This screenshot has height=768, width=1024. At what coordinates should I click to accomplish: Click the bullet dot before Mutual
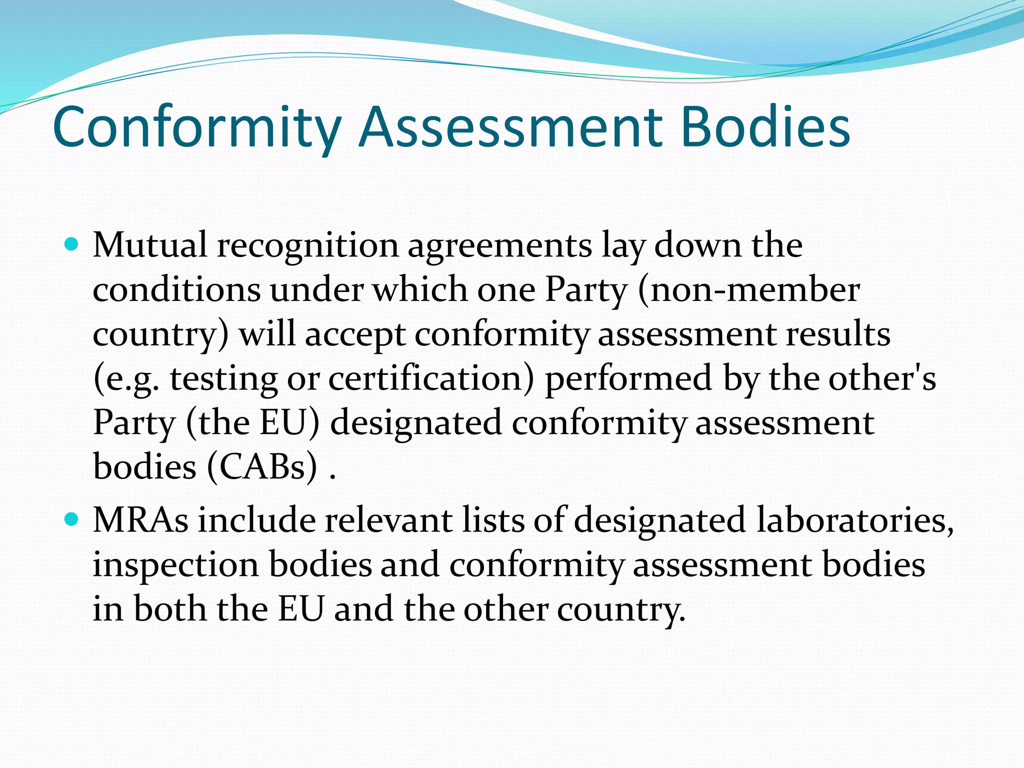(x=73, y=245)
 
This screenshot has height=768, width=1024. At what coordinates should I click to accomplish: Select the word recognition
(x=307, y=246)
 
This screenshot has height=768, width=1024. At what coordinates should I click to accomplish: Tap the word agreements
(x=500, y=246)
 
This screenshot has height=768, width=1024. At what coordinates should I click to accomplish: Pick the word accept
(x=355, y=335)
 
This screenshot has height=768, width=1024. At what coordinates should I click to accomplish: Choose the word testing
(x=223, y=379)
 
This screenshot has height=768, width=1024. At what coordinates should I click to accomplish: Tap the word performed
(x=628, y=379)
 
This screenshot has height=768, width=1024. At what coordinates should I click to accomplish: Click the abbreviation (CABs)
(x=262, y=467)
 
